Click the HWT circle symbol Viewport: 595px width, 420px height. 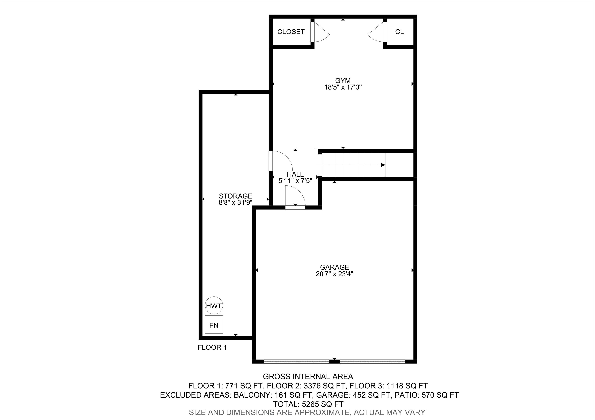[x=214, y=306]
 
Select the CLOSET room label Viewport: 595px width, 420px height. [x=291, y=32]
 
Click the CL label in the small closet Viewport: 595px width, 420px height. [x=399, y=32]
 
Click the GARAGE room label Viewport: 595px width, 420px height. [x=334, y=267]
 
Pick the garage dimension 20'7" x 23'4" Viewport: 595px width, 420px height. [x=334, y=274]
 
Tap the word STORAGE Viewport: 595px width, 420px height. [x=235, y=196]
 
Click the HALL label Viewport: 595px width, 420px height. [x=295, y=174]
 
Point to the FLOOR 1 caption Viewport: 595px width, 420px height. [x=212, y=347]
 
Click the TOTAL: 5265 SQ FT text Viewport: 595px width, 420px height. [x=308, y=404]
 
